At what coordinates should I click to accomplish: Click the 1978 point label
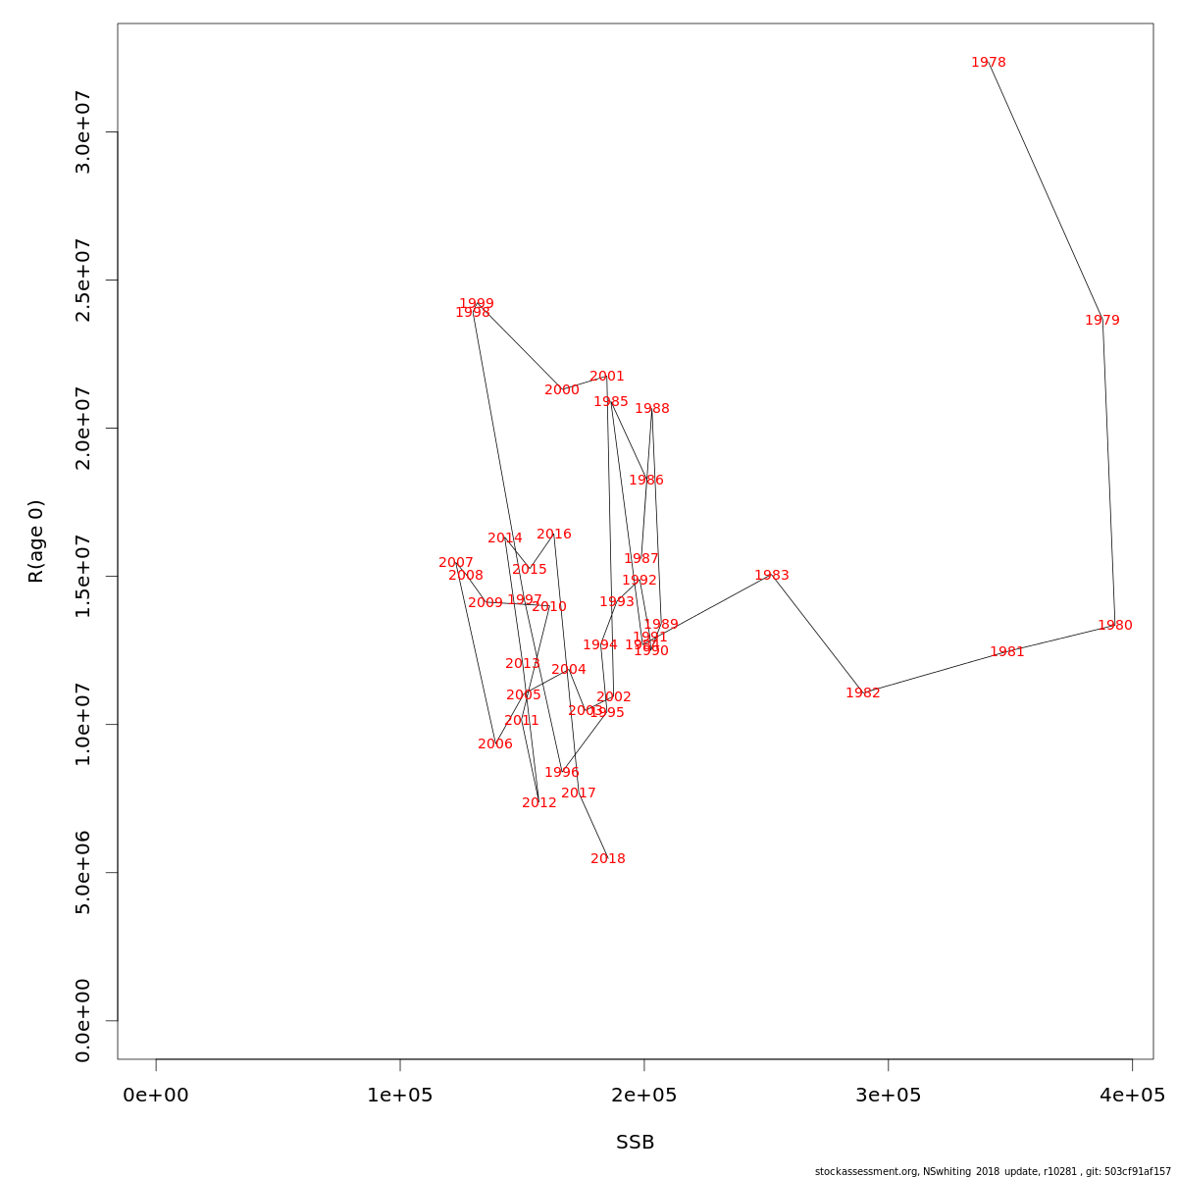pos(989,63)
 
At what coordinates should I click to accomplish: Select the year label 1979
pos(1102,321)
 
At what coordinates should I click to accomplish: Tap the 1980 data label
pos(1115,626)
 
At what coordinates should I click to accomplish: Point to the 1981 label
pos(1007,652)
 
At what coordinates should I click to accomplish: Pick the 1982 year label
pos(863,693)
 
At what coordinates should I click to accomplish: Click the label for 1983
pos(772,576)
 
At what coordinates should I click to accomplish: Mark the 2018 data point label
pos(608,859)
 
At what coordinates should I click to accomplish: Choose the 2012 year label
pos(539,803)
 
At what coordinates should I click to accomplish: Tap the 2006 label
pos(495,744)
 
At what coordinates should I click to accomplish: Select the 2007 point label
pos(456,563)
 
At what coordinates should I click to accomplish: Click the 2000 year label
pos(562,390)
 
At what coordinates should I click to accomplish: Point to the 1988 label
pos(652,409)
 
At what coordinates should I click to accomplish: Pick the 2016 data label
pos(554,535)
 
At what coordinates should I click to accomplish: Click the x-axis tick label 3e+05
pos(888,1096)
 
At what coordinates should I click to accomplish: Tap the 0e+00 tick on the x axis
pos(156,1096)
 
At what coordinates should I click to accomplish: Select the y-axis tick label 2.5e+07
pos(83,280)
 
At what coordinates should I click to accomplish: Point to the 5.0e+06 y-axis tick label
pos(83,872)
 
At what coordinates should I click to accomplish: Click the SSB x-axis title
pos(636,1143)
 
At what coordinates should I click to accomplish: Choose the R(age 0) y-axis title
pos(36,541)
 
